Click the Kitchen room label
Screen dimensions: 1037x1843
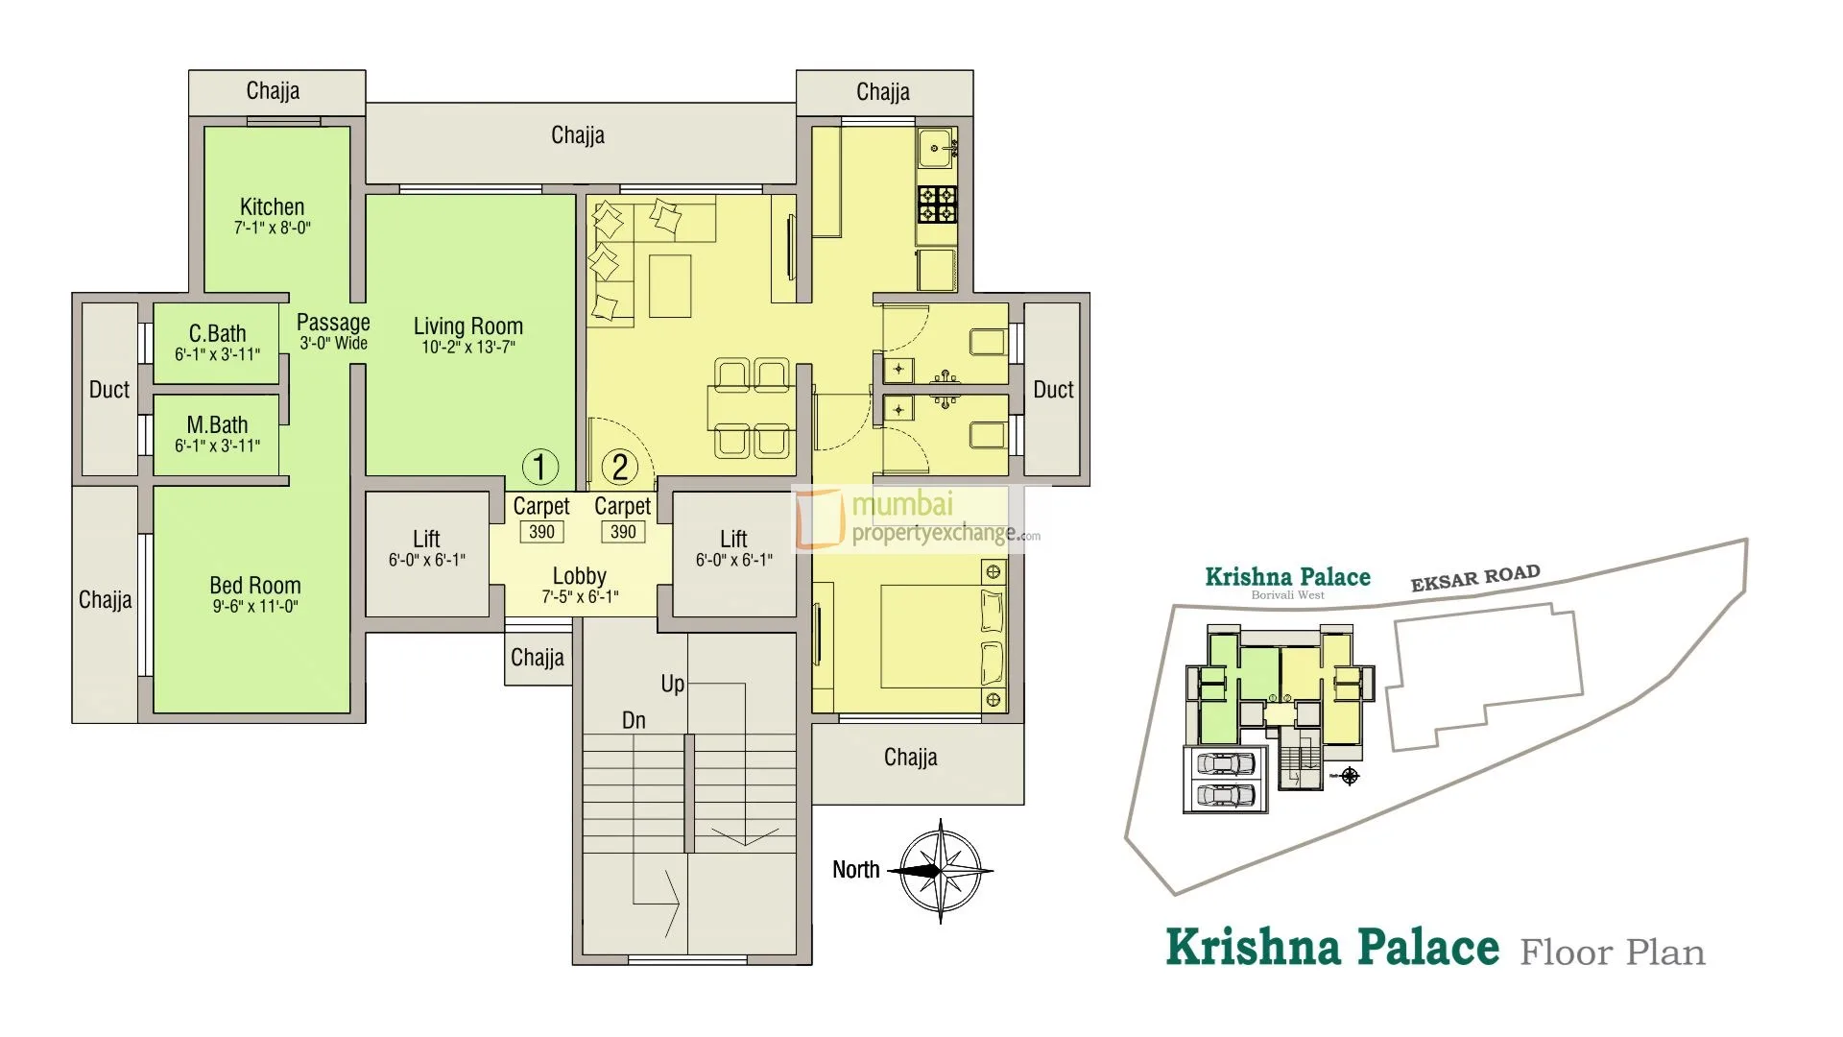pos(272,206)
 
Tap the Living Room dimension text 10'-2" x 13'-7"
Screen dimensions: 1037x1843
pos(468,348)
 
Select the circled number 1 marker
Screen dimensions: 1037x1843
pos(539,468)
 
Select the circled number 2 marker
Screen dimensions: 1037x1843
pos(620,468)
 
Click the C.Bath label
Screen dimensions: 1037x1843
pos(217,333)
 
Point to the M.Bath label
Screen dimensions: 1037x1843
pos(217,424)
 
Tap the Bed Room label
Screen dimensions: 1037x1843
pos(255,585)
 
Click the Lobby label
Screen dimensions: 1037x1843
pos(580,575)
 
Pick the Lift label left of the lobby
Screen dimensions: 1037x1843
pos(426,539)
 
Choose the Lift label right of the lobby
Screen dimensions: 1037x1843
pos(733,539)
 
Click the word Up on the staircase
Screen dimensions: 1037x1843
pos(672,684)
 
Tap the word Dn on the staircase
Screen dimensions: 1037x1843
pos(634,720)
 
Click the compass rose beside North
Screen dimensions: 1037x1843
pos(941,871)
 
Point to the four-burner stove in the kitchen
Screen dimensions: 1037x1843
pos(937,204)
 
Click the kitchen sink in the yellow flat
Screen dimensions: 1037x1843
pos(935,148)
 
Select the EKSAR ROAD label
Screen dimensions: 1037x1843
pos(1475,577)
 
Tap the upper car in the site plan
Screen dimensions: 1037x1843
pos(1223,764)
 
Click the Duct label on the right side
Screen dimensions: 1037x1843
pos(1053,389)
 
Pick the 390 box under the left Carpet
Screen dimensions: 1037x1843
pos(541,532)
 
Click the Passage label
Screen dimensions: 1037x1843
pos(333,323)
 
